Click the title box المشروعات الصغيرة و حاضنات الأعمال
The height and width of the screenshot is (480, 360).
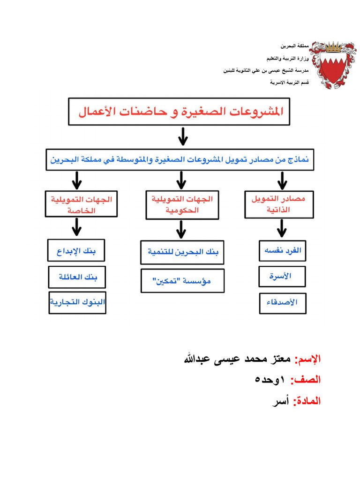click(180, 112)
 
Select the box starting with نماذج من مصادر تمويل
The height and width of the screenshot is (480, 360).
click(180, 159)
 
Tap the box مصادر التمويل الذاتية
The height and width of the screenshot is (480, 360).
click(279, 204)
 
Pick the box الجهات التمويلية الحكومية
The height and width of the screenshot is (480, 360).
click(182, 205)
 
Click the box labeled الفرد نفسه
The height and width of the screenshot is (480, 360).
click(283, 250)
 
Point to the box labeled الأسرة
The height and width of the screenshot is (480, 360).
click(283, 276)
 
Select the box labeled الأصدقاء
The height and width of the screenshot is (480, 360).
click(283, 302)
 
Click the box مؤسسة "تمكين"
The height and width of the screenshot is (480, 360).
click(182, 281)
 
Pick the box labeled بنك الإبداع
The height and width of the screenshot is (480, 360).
click(76, 250)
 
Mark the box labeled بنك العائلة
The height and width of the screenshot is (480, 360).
click(76, 277)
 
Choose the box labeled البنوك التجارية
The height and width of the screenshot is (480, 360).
click(77, 302)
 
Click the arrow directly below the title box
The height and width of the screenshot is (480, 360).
click(183, 137)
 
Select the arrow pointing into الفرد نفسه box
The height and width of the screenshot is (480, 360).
click(281, 228)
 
